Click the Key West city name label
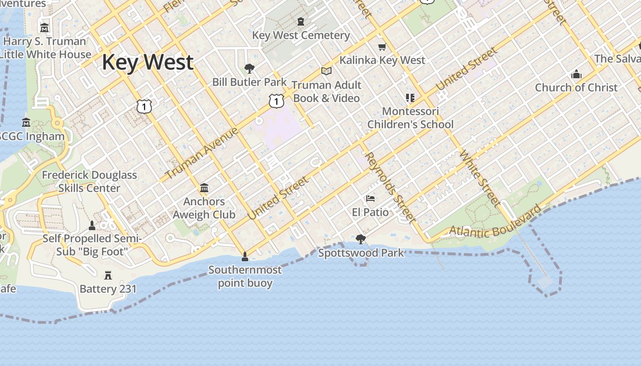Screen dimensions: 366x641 pyautogui.click(x=147, y=62)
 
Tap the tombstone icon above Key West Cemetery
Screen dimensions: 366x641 pyautogui.click(x=300, y=22)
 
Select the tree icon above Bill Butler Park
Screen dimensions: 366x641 pyautogui.click(x=250, y=69)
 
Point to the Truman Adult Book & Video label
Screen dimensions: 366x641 pyautogui.click(x=326, y=91)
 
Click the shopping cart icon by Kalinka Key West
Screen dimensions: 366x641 pyautogui.click(x=382, y=47)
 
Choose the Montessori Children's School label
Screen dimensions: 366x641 pyautogui.click(x=410, y=118)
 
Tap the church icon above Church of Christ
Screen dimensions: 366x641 pyautogui.click(x=576, y=74)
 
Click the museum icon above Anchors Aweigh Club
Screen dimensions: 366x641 pyautogui.click(x=204, y=188)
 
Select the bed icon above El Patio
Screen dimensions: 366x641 pyautogui.click(x=370, y=199)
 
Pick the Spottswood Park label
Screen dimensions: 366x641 pyautogui.click(x=361, y=253)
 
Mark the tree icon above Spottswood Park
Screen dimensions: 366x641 pyautogui.click(x=361, y=239)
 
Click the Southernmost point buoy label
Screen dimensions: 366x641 pyautogui.click(x=245, y=276)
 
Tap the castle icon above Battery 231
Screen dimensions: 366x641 pyautogui.click(x=108, y=275)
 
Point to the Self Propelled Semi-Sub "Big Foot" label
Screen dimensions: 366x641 pyautogui.click(x=92, y=245)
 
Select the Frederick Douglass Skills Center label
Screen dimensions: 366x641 pyautogui.click(x=89, y=181)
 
